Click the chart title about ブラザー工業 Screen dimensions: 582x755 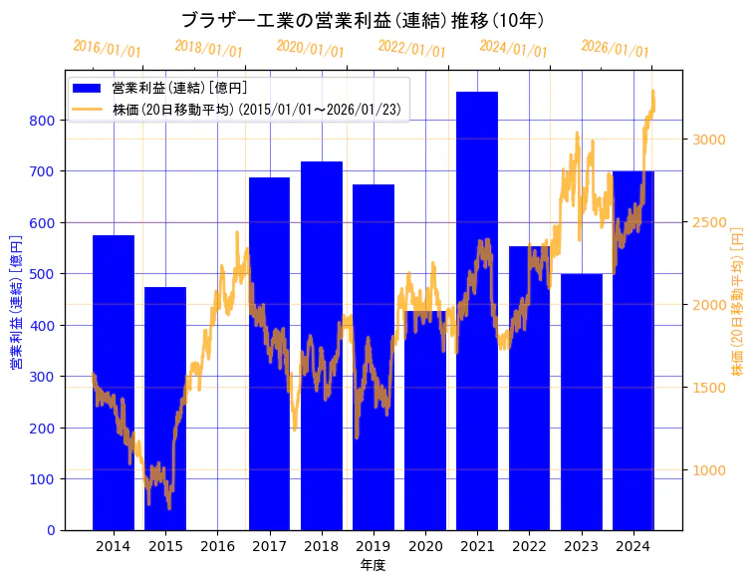pos(363,20)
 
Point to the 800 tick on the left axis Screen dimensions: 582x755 pos(48,120)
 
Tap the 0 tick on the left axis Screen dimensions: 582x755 pos(53,530)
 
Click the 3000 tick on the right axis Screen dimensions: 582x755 pos(708,139)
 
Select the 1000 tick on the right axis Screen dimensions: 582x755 pos(708,470)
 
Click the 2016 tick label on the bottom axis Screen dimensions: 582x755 pos(217,546)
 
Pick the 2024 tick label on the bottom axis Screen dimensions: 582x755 pos(633,546)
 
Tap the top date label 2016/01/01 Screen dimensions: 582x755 pos(107,49)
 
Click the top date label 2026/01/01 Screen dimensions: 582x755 pos(615,49)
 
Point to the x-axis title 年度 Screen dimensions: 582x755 pos(373,565)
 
